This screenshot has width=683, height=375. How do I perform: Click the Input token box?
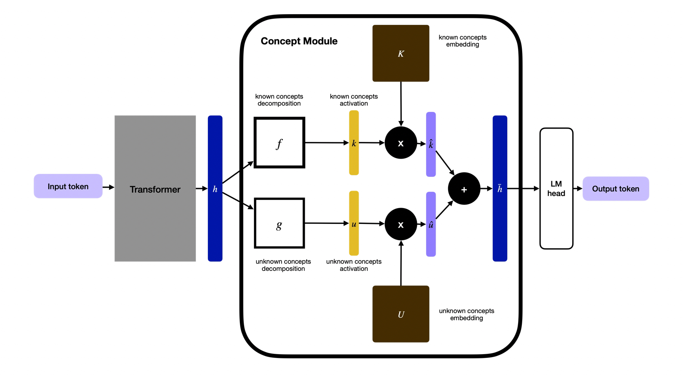click(68, 186)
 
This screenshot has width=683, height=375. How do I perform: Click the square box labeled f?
click(279, 143)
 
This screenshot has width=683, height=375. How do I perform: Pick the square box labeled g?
click(279, 223)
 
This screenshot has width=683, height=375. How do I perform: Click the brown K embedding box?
click(401, 53)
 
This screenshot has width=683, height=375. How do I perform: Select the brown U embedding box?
click(401, 314)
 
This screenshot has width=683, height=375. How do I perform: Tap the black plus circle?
click(464, 189)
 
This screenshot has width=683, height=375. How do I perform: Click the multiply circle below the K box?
click(401, 143)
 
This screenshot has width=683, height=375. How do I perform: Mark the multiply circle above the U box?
click(401, 224)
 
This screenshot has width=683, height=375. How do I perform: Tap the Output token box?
click(616, 189)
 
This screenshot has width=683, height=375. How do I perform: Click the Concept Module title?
click(299, 41)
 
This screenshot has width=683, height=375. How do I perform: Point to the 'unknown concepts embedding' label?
click(466, 314)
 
